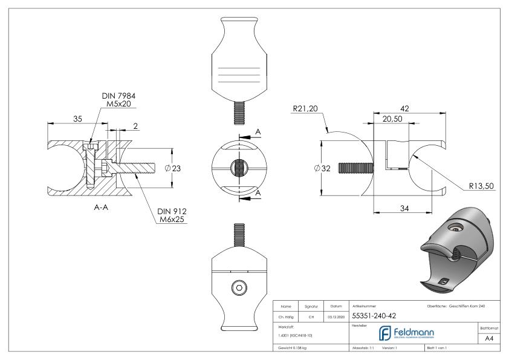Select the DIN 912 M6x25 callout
pyautogui.click(x=172, y=215)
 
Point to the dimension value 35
pyautogui.click(x=78, y=119)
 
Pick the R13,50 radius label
pyautogui.click(x=482, y=186)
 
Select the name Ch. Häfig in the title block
pyautogui.click(x=288, y=316)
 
